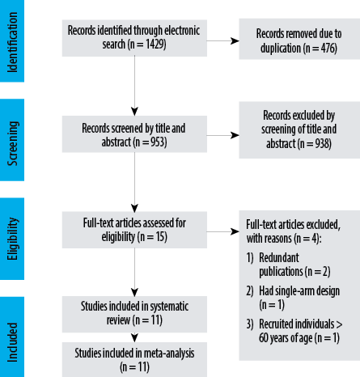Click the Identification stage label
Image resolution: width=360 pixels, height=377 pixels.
[12, 42]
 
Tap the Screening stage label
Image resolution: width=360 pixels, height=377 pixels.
[12, 143]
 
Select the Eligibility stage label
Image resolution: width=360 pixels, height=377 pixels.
[12, 239]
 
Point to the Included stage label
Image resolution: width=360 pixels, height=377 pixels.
[12, 342]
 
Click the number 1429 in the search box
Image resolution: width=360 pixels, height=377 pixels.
[155, 44]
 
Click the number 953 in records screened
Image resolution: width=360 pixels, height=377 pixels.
[159, 142]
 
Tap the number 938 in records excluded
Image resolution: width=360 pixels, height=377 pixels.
[323, 143]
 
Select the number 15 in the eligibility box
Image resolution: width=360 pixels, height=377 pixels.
[160, 237]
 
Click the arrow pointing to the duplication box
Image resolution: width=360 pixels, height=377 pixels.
[222, 41]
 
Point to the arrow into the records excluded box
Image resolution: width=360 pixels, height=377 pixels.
[222, 135]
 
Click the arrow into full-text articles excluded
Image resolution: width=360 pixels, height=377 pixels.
[222, 231]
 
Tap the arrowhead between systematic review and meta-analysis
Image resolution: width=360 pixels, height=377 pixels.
[134, 337]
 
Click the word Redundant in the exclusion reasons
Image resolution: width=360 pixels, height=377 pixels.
[279, 258]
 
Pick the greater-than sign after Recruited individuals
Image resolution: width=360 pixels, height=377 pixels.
[339, 324]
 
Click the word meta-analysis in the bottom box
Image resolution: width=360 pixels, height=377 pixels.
[169, 354]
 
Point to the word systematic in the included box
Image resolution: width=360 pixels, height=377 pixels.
[169, 307]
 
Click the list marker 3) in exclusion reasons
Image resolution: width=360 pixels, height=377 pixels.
[250, 324]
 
